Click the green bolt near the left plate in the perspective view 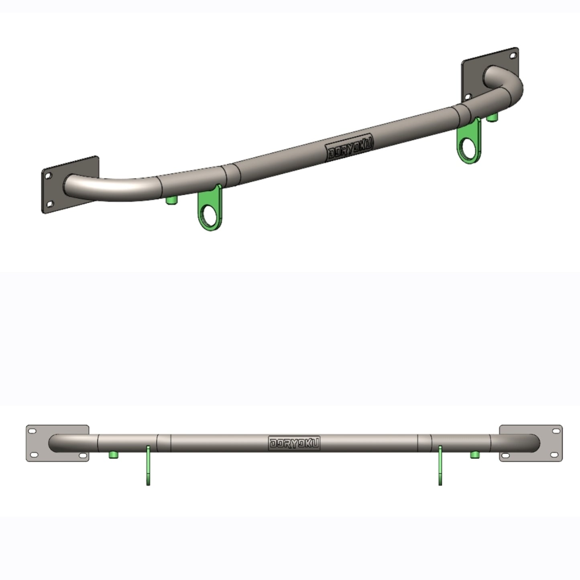click(x=172, y=199)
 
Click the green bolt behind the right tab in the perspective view click(x=492, y=117)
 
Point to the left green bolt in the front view click(x=113, y=455)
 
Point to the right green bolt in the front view click(x=474, y=455)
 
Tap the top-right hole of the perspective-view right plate click(x=513, y=53)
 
